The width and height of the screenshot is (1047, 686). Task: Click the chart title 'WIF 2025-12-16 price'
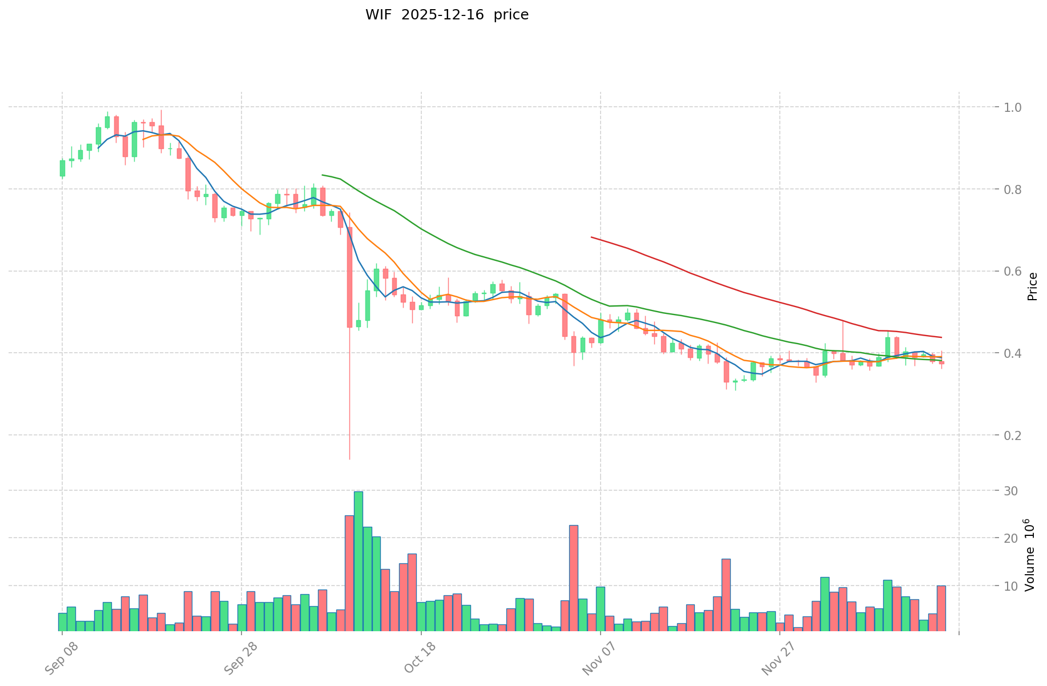pos(447,15)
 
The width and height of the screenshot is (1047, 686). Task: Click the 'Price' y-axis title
pos(1032,286)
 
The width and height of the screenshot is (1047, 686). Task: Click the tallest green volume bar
pos(359,561)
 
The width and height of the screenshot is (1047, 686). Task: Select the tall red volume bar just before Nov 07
pos(574,578)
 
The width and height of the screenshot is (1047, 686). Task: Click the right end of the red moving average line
pos(941,337)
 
